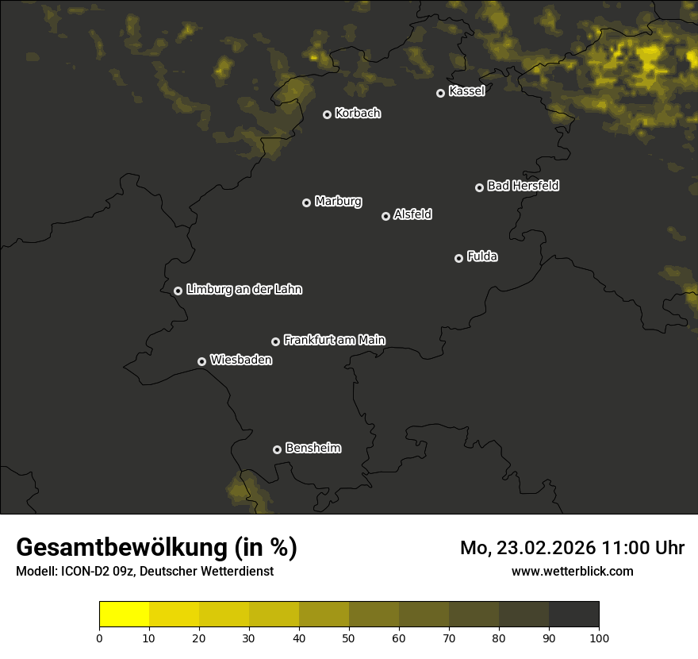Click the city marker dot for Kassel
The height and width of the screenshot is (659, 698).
pyautogui.click(x=440, y=93)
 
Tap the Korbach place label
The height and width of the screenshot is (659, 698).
pyautogui.click(x=358, y=114)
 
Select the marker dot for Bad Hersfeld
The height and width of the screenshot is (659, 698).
pyautogui.click(x=479, y=187)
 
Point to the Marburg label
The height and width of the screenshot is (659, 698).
pyautogui.click(x=338, y=202)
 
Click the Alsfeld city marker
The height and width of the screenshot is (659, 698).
pyautogui.click(x=385, y=216)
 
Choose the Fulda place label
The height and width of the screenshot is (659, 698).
pyautogui.click(x=482, y=257)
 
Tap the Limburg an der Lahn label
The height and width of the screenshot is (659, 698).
pyautogui.click(x=244, y=290)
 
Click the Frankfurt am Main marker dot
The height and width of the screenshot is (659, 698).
pyautogui.click(x=275, y=341)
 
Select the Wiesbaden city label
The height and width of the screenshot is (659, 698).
pyautogui.click(x=241, y=360)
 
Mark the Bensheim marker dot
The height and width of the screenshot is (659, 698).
pyautogui.click(x=277, y=449)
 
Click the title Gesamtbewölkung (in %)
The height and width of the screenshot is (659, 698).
pyautogui.click(x=156, y=548)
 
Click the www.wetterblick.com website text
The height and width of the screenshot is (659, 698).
pyautogui.click(x=572, y=571)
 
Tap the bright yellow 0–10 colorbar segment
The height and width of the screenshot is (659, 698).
pyautogui.click(x=124, y=615)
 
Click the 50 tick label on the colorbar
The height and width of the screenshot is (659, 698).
pyautogui.click(x=349, y=638)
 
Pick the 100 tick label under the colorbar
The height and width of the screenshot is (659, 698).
pyautogui.click(x=599, y=638)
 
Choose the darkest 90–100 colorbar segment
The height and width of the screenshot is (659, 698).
pyautogui.click(x=573, y=615)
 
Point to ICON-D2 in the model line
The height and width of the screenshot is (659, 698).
pyautogui.click(x=84, y=572)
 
